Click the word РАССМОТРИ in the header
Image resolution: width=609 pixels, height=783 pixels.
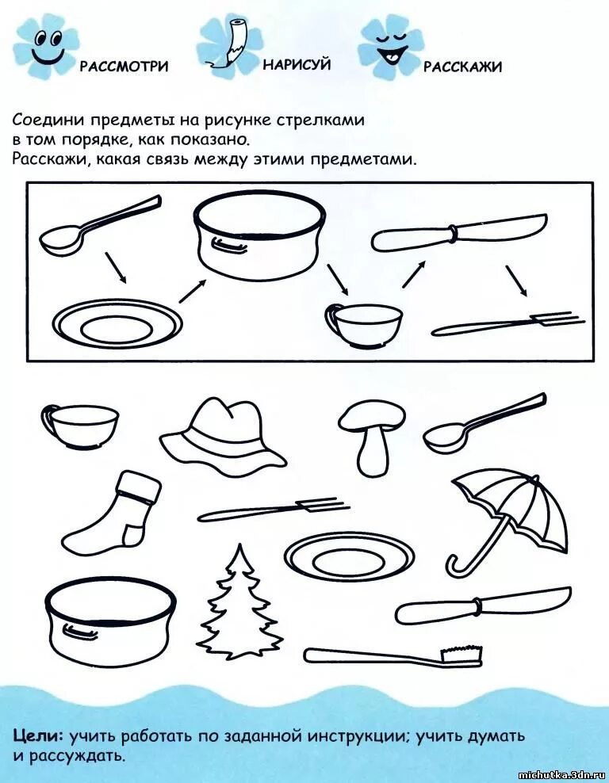click(124, 66)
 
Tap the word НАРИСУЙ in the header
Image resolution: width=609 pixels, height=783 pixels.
click(297, 64)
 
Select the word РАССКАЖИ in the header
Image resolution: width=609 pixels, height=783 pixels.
click(462, 67)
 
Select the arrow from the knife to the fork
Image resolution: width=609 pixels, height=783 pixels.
click(516, 281)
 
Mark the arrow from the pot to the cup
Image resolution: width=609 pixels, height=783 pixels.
click(336, 279)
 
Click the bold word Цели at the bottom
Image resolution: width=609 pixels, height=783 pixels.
click(39, 735)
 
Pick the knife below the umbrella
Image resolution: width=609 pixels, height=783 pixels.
click(483, 607)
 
